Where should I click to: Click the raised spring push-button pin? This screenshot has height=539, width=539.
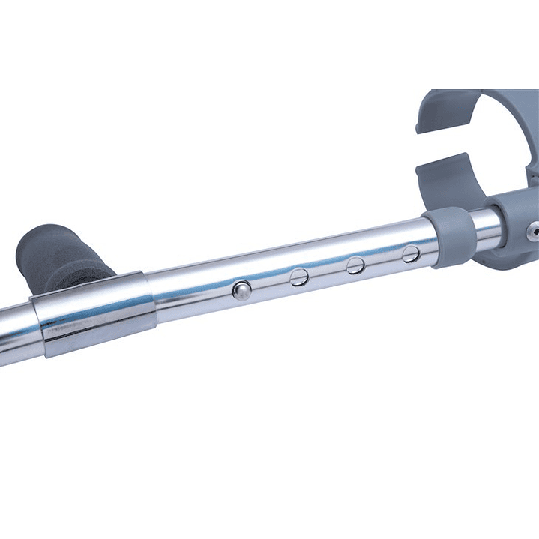(x=241, y=290)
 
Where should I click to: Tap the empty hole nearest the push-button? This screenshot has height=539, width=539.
(x=299, y=277)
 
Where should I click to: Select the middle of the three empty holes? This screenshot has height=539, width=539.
(x=355, y=265)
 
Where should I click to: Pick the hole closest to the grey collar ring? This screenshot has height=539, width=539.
(x=410, y=253)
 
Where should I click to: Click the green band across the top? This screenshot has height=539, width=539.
(x=269, y=45)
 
